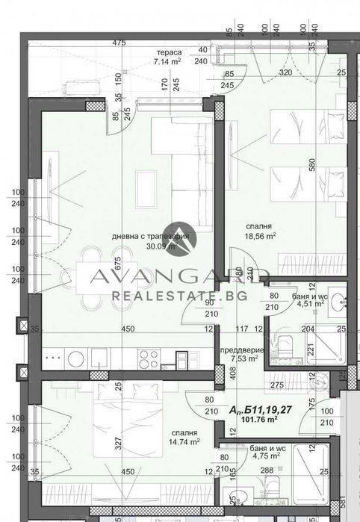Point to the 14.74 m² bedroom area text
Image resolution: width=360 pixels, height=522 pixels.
click(184, 441)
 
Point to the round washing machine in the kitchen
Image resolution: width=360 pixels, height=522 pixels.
click(76, 359)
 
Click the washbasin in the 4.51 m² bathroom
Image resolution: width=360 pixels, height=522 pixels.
click(340, 302)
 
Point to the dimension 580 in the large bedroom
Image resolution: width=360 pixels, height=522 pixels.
click(312, 170)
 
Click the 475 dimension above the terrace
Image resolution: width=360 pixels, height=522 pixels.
click(118, 43)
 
